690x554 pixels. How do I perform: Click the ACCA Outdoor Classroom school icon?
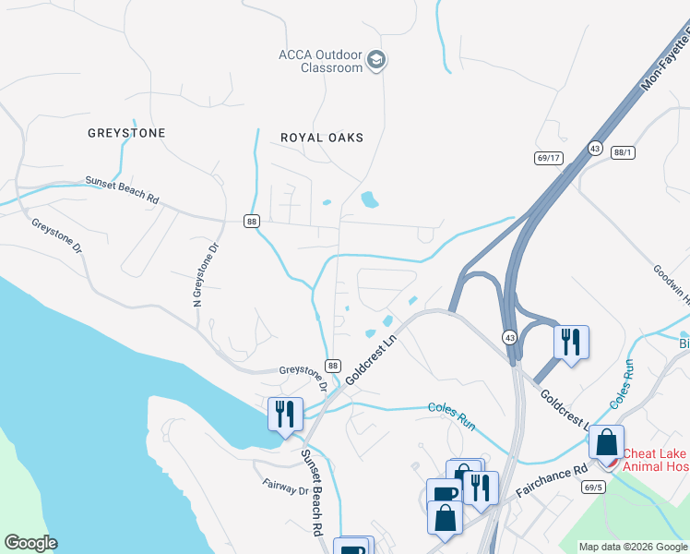point(375,61)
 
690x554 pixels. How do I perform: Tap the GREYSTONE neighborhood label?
point(126,133)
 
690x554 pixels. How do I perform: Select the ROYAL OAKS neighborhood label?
point(322,138)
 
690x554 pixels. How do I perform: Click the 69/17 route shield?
point(548,158)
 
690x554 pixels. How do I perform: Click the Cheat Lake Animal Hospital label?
point(655,460)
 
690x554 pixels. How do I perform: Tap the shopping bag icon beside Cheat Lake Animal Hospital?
point(607,442)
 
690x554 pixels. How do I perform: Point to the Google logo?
point(30,543)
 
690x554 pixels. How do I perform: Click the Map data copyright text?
point(633,547)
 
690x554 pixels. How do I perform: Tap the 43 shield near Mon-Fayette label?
point(595,148)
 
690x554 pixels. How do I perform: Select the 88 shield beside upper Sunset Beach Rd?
point(251,221)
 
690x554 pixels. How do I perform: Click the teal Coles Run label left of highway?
point(451,415)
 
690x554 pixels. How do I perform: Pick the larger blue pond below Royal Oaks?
point(369,199)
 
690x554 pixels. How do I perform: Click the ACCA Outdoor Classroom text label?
point(320,61)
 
